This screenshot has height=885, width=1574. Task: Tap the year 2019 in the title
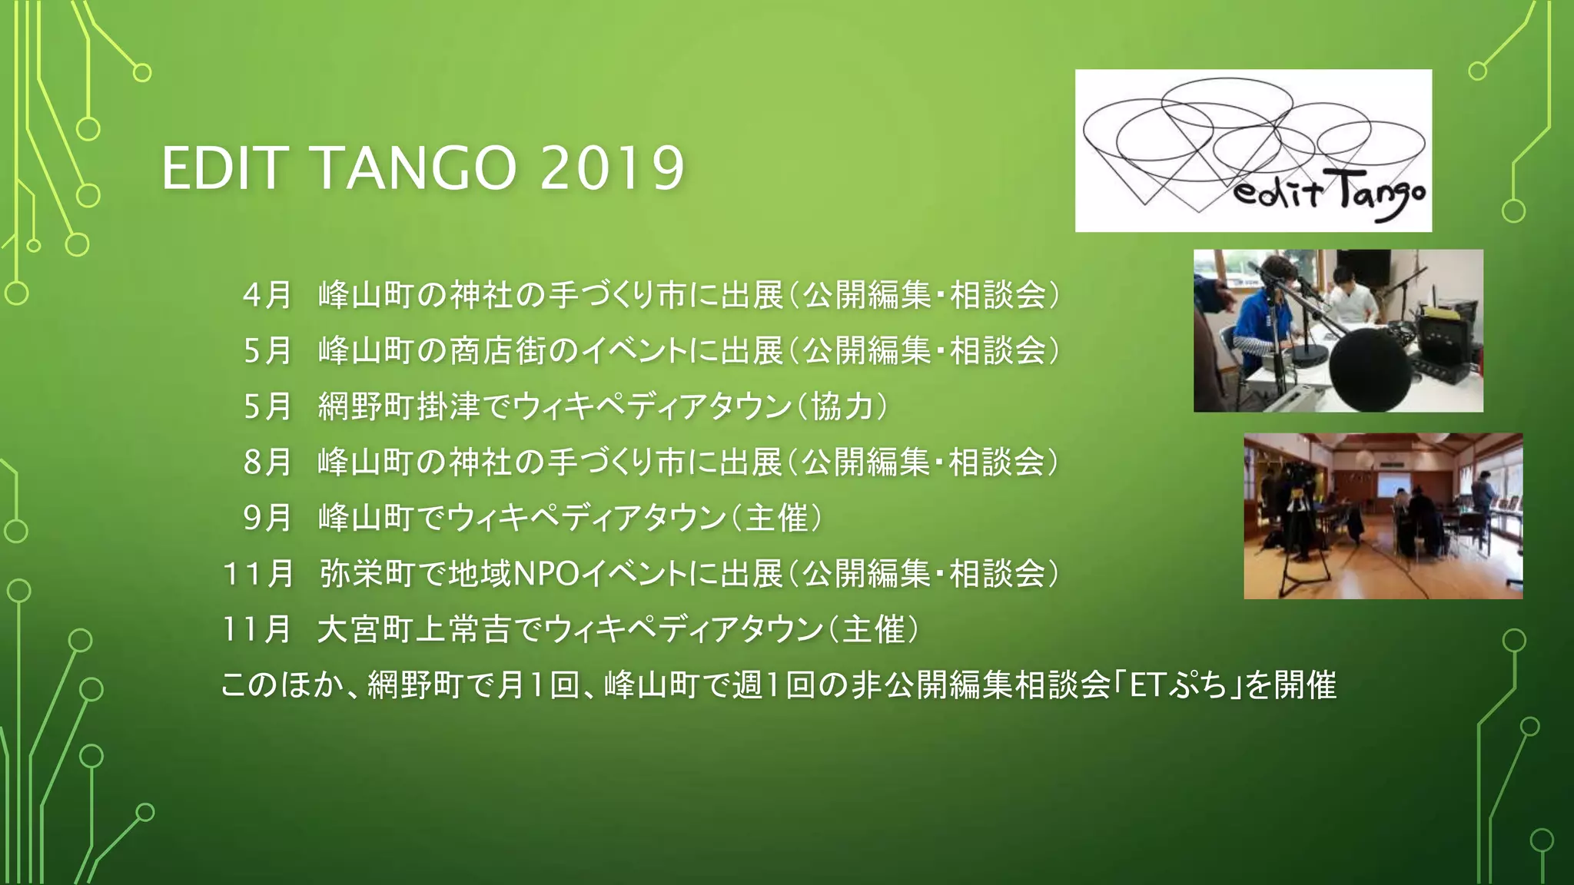click(x=612, y=168)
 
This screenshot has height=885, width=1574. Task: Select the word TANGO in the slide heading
click(x=414, y=168)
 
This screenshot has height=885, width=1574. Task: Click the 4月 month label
click(x=267, y=295)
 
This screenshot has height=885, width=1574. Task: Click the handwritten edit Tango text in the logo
click(x=1330, y=195)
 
